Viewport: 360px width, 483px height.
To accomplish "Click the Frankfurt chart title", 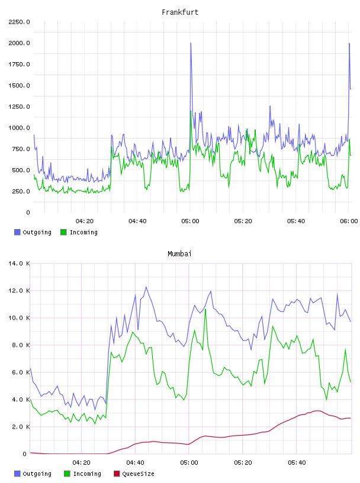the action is pos(180,12).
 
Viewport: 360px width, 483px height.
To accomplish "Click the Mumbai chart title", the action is pos(179,254).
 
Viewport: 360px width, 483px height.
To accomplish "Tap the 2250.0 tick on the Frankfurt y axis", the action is pos(19,22).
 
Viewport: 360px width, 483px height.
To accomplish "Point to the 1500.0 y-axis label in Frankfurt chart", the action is pos(19,85).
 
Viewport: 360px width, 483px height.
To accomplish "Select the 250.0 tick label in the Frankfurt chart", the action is pos(21,191).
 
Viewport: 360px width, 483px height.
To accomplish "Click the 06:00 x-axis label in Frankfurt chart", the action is pos(349,221).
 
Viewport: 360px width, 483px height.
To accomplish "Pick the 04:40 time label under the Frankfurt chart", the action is pos(137,221).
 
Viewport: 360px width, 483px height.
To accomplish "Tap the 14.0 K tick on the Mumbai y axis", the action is pos(19,263).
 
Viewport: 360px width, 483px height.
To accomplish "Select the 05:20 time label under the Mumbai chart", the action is pos(243,463).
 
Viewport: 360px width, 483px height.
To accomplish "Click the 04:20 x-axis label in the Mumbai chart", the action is pos(81,463).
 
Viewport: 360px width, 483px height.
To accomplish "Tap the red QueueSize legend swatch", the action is pos(117,474).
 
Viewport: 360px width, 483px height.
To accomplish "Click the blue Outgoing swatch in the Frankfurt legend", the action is pos(17,232).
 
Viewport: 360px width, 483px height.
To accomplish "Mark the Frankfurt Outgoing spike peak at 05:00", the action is pos(191,43).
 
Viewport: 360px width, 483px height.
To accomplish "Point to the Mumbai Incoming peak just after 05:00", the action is pos(205,309).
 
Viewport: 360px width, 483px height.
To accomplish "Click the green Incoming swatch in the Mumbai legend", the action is pos(67,474).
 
